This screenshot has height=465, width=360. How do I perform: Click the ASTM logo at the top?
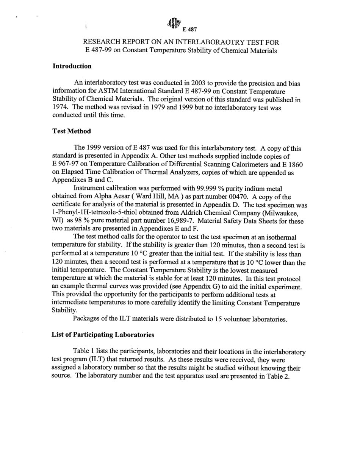[x=174, y=23]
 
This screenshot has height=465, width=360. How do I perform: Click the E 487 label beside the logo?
[x=189, y=30]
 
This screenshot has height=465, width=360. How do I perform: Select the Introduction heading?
[x=72, y=66]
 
